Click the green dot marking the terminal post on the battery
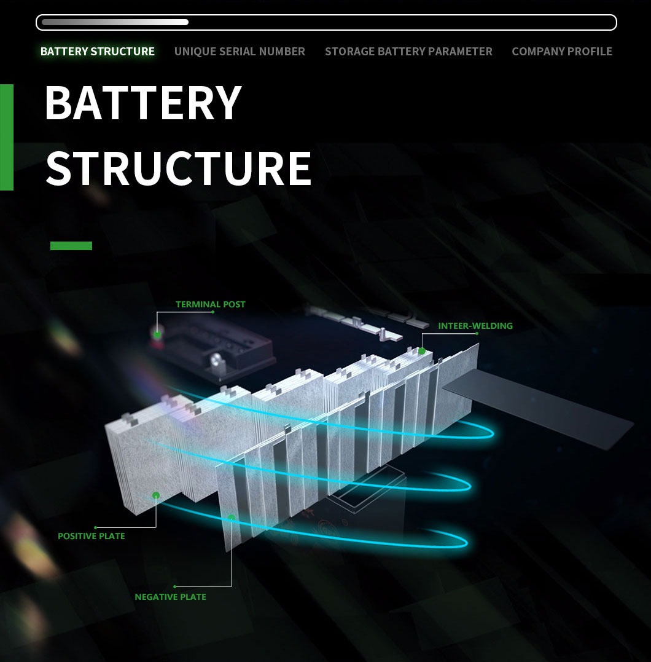157,334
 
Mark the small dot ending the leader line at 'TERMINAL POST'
212,312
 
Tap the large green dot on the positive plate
156,495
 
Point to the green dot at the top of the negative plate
231,518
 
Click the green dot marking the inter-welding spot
422,351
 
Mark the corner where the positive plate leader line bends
156,527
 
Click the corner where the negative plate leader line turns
231,586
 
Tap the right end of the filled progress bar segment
187,22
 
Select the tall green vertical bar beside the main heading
7,137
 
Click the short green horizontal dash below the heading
71,246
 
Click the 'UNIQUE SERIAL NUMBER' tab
240,52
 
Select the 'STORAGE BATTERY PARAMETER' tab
408,52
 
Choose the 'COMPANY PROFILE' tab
562,52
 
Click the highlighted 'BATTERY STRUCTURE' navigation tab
98,52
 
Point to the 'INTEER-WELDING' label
475,326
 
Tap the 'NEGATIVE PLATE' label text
171,597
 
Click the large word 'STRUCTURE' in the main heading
179,168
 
